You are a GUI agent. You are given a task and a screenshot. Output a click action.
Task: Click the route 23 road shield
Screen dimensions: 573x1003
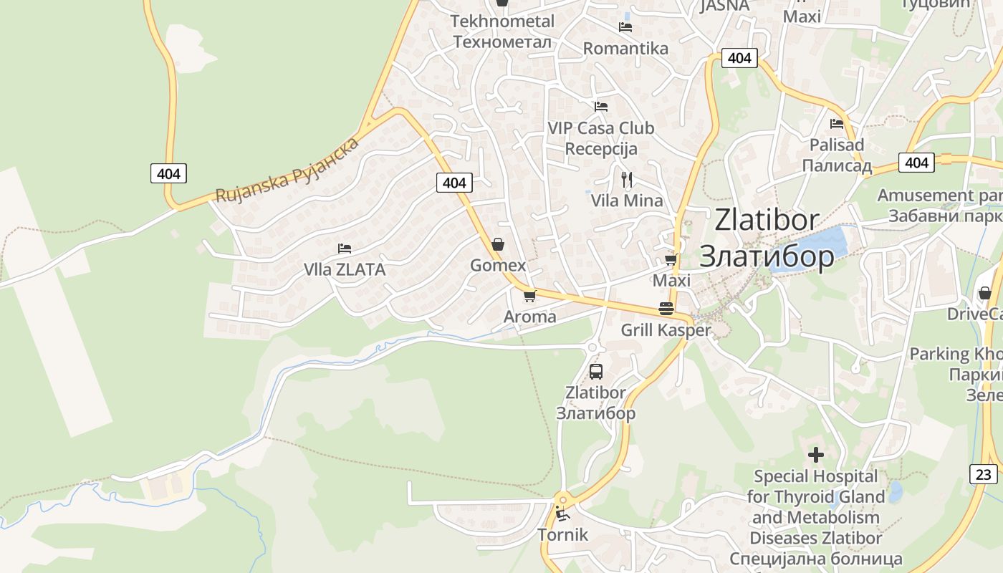coord(984,474)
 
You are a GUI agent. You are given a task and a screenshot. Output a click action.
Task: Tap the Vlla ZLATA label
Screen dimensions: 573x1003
coord(345,270)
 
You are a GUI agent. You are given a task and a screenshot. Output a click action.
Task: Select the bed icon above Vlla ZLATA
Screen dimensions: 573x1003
coord(345,249)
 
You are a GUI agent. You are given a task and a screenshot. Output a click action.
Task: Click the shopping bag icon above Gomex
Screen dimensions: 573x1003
coord(498,244)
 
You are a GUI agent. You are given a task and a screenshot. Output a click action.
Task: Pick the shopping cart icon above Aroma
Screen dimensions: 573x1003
coord(529,295)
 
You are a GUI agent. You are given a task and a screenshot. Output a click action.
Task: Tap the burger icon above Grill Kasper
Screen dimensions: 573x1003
coord(666,309)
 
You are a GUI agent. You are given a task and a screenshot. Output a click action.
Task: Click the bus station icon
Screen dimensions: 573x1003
coord(596,371)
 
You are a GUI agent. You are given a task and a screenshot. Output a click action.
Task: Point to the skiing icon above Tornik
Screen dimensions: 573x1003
coord(562,514)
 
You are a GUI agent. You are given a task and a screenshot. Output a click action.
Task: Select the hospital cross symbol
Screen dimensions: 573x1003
coord(815,454)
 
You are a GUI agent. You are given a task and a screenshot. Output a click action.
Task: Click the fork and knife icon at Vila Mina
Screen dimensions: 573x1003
coord(627,179)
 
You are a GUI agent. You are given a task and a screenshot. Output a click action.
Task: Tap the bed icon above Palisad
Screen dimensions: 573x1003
coord(836,124)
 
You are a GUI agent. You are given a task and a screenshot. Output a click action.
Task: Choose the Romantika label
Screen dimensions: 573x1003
coord(625,49)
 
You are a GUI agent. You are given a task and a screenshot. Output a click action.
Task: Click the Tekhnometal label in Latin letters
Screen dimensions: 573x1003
coord(502,21)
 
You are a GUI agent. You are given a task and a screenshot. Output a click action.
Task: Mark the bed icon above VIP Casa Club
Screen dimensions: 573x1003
coord(601,107)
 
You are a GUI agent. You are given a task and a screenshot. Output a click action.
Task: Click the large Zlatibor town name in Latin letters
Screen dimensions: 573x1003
coord(767,220)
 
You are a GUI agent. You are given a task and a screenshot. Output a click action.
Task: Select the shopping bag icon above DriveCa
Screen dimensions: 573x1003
coord(985,293)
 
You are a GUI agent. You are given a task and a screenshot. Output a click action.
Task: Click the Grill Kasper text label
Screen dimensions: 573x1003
coord(666,330)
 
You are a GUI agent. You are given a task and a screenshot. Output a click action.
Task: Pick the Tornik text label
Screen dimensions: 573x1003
coord(562,535)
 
